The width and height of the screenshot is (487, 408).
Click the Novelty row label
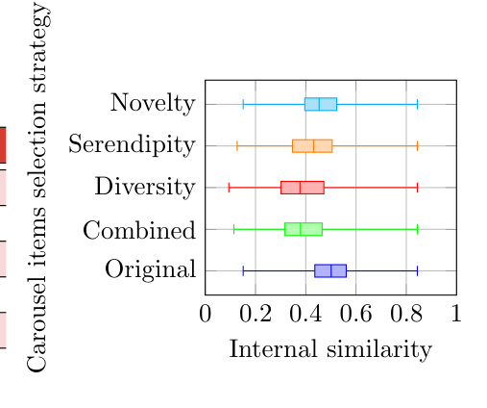click(153, 103)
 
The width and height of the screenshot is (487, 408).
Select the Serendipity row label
click(133, 145)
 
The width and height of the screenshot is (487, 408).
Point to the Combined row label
click(139, 229)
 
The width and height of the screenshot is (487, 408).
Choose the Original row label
click(150, 270)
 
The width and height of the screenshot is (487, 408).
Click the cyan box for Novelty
click(321, 104)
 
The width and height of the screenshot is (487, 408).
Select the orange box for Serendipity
click(312, 146)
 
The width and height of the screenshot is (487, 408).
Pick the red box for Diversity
click(302, 188)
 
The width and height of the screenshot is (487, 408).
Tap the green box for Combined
click(304, 229)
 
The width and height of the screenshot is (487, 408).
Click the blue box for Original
click(330, 270)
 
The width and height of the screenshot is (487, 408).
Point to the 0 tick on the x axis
click(205, 313)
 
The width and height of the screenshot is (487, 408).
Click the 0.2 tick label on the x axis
click(255, 313)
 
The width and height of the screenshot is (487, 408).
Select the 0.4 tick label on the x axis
click(305, 313)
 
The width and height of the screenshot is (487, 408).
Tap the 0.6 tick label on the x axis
click(355, 313)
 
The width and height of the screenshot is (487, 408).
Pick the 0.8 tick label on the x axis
click(405, 313)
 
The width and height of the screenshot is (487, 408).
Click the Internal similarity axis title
click(330, 349)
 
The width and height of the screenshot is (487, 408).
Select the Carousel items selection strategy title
click(38, 188)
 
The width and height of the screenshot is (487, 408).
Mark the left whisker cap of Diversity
click(229, 188)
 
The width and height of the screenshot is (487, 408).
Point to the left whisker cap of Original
click(243, 270)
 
